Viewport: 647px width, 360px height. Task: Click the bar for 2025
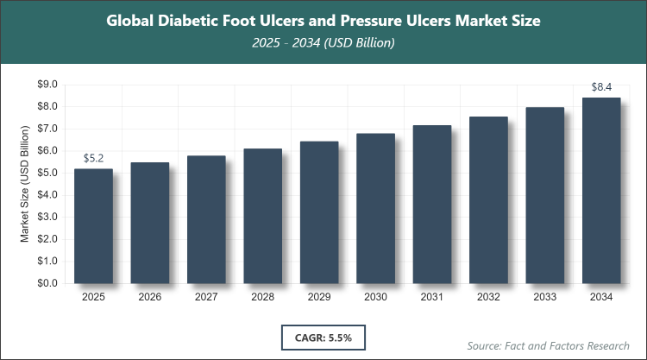pos(93,225)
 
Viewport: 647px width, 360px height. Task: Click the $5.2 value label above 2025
pos(93,159)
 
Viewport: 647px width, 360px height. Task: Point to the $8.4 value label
pos(601,87)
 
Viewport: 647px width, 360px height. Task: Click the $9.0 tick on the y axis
pos(47,85)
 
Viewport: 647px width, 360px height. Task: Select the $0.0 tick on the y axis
pos(47,283)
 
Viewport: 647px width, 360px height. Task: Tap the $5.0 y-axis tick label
pos(47,173)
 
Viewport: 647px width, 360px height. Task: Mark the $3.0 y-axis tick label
pos(47,217)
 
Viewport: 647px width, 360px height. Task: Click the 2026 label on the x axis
pos(150,298)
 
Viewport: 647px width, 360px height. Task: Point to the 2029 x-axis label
pos(319,298)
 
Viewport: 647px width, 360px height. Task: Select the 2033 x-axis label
pos(545,298)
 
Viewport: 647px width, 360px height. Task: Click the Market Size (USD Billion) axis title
pos(25,183)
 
